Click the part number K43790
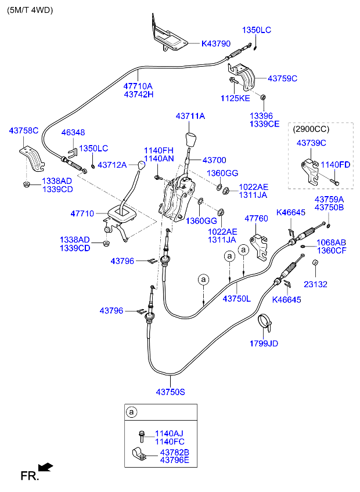point(216,44)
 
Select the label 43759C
point(282,78)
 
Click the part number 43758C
point(23,131)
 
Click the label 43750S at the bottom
point(170,392)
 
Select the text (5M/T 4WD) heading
point(30,10)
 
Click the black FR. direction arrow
point(45,467)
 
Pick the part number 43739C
point(311,143)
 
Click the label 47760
point(255,219)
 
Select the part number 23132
point(316,284)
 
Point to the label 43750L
point(237,298)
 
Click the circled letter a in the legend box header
point(132,413)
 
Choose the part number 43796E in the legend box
point(174,461)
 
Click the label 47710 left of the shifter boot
point(82,214)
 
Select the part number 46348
point(73,133)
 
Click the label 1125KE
point(235,99)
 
